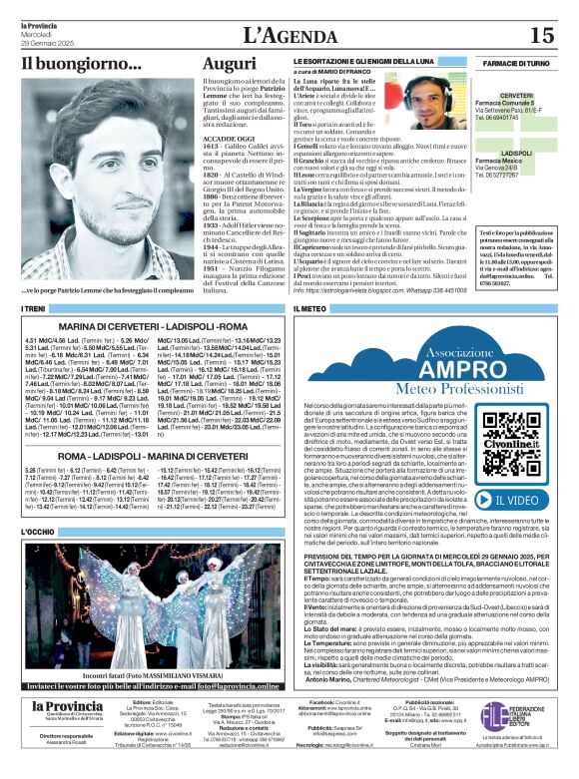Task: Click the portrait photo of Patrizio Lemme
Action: pos(105,180)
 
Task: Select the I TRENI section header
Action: pos(36,310)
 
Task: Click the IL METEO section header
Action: pos(309,310)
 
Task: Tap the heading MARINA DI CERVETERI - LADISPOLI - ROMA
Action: pos(153,326)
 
